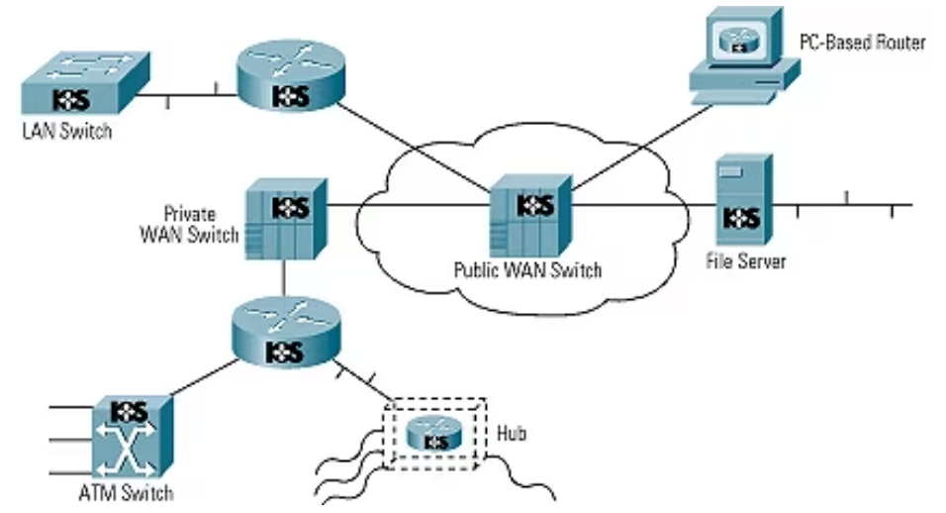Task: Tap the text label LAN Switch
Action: [x=66, y=132]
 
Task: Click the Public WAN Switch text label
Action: [x=527, y=268]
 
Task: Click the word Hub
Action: [x=513, y=434]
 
